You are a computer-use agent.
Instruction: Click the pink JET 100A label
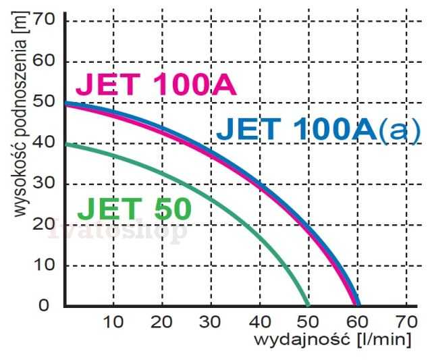155,85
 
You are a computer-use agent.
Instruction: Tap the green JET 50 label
134,209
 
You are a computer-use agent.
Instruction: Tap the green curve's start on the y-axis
65,144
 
